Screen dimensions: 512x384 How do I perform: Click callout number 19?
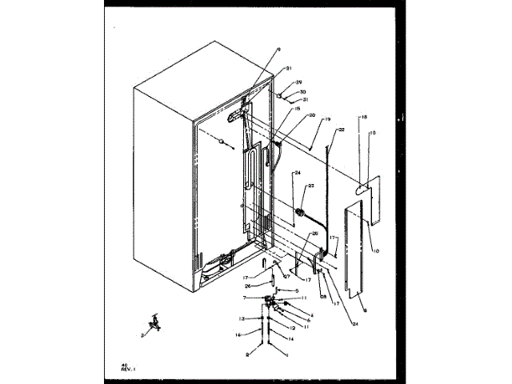326,119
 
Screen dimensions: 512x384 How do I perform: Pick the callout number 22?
340,130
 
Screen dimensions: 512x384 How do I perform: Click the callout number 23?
311,186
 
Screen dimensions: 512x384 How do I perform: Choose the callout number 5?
296,290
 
